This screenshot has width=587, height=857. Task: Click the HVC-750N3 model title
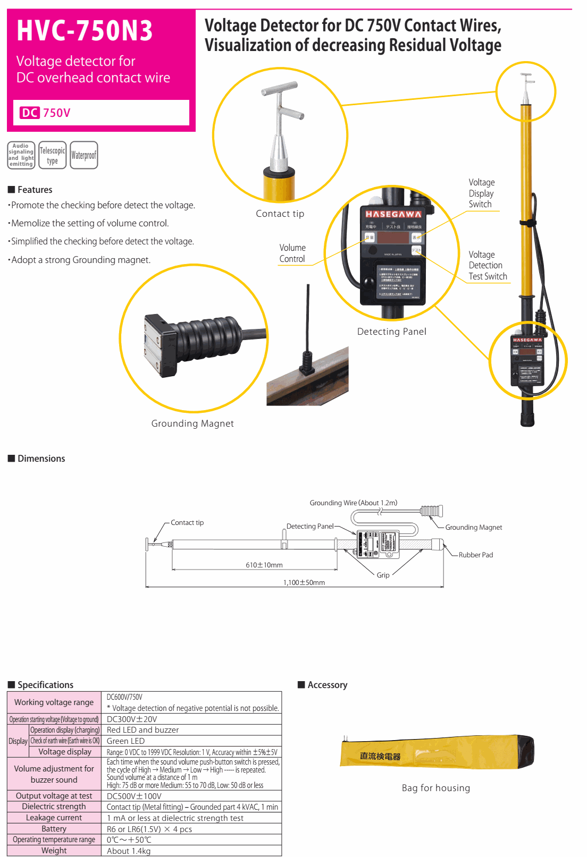pos(85,31)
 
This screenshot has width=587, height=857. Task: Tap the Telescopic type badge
pos(52,155)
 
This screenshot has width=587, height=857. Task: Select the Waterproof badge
pos(83,155)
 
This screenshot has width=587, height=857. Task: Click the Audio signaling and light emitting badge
pos(21,155)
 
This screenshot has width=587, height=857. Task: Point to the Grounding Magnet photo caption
pos(192,423)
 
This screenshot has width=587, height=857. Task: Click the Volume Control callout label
pos(292,253)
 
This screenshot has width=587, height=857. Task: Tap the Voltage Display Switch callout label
pos(481,193)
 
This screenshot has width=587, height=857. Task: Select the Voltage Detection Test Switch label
pos(488,266)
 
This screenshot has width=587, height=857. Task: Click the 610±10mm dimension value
pos(264,565)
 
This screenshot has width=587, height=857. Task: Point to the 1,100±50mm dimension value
pos(304,582)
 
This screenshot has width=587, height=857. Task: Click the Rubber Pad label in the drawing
pos(476,555)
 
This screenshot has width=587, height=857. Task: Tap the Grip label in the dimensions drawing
pos(383,575)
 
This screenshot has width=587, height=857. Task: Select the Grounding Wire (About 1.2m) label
pos(354,503)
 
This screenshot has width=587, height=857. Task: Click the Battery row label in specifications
pos(54,829)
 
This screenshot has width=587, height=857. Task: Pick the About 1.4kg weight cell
pos(129,851)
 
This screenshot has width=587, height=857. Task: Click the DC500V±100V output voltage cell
pos(134,796)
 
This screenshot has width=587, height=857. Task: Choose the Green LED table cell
pos(125,741)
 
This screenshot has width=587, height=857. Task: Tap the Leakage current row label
pos(54,818)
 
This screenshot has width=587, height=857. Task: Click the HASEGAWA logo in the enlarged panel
pos(393,214)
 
